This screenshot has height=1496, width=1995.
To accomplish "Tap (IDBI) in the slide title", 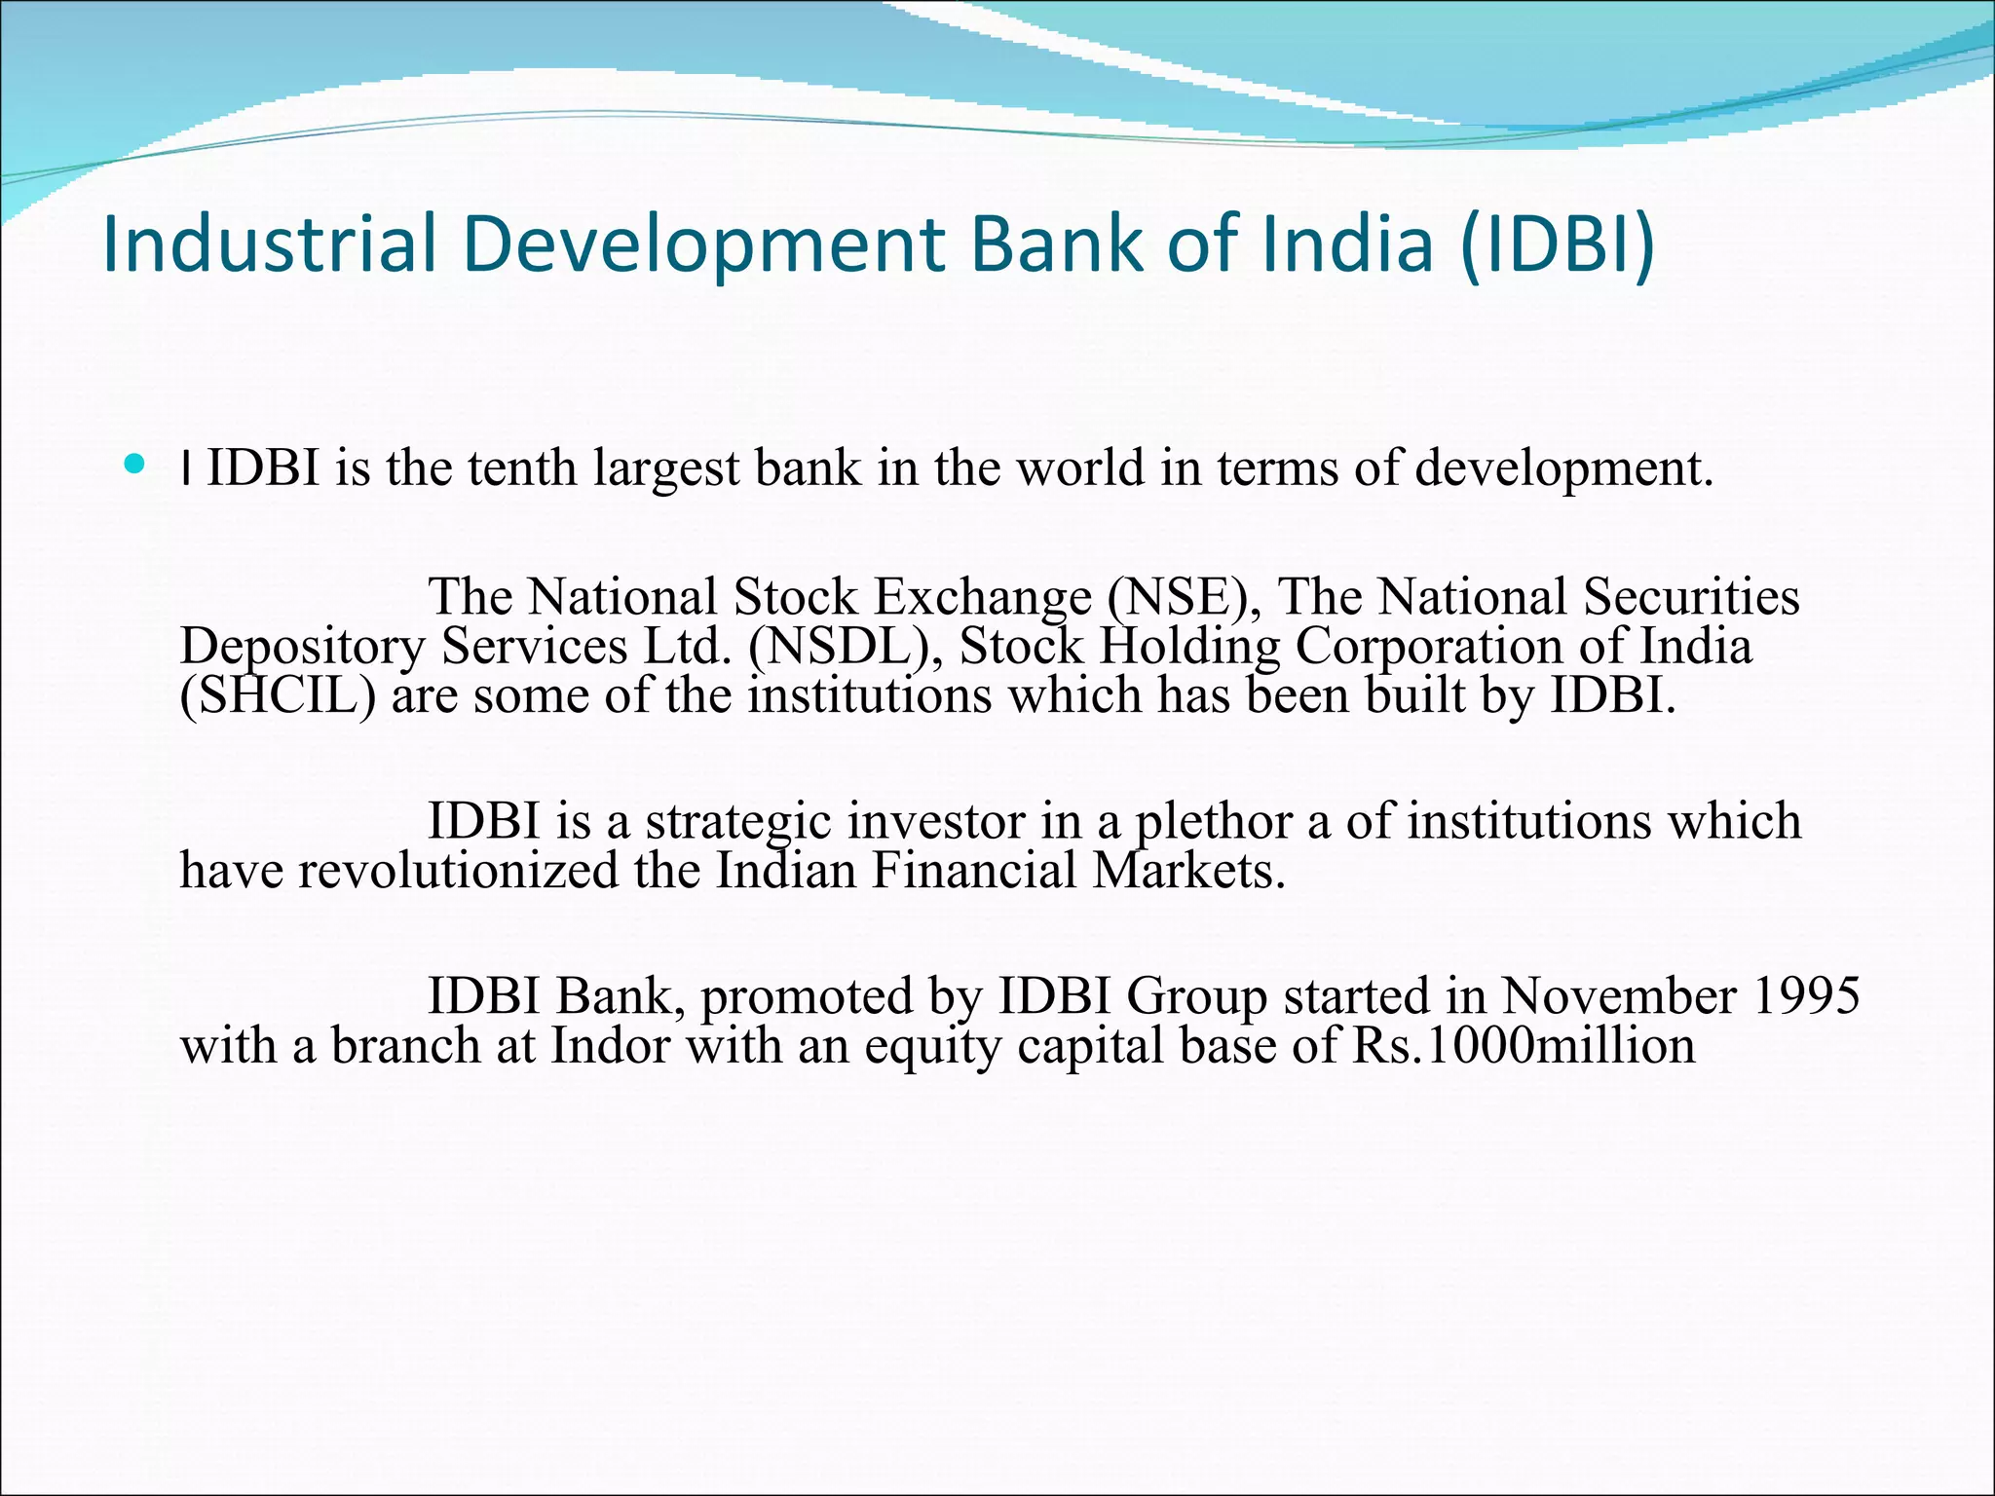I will pos(1558,243).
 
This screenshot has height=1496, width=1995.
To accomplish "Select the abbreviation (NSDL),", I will pos(846,647).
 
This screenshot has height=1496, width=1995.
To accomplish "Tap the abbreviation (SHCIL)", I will pos(278,695).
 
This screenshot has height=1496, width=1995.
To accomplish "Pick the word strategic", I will pos(738,821).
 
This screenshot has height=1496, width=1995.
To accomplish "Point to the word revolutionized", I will pos(458,870).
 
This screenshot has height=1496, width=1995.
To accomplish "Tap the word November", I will pos(1618,996).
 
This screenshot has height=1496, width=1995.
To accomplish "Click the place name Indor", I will pos(611,1046).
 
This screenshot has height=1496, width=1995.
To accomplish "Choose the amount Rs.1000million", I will pos(1524,1046).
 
